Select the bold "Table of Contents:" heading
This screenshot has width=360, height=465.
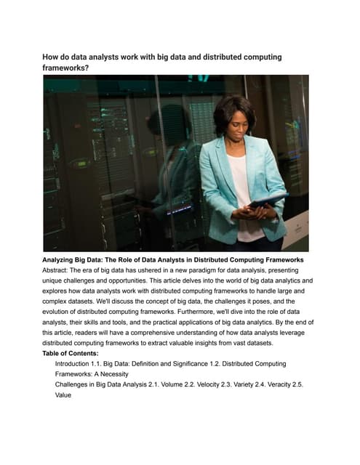pyautogui.click(x=75, y=354)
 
